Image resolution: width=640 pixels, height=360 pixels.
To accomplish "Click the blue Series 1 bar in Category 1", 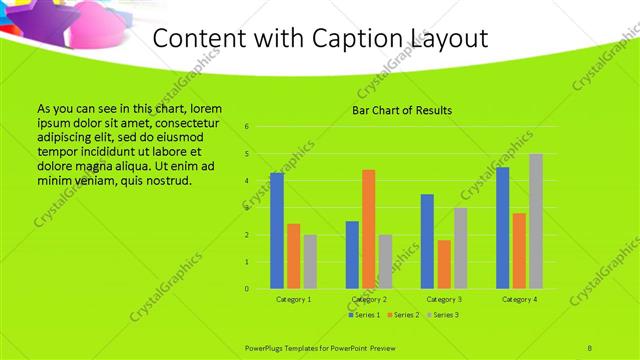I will pyautogui.click(x=277, y=231).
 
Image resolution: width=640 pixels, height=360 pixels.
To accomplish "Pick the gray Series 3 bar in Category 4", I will pyautogui.click(x=536, y=221).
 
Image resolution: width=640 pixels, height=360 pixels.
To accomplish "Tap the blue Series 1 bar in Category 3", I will pyautogui.click(x=427, y=241).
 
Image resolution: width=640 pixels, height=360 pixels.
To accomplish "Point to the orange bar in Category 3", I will pyautogui.click(x=444, y=264).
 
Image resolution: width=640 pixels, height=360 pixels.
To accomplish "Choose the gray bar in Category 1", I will pyautogui.click(x=310, y=262).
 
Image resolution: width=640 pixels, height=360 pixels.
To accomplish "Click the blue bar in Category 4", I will pyautogui.click(x=503, y=228).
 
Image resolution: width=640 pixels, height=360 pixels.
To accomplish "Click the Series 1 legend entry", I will pyautogui.click(x=363, y=315).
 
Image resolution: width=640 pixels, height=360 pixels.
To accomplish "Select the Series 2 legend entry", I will pyautogui.click(x=404, y=315).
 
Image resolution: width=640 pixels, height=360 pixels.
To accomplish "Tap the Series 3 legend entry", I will pyautogui.click(x=444, y=315).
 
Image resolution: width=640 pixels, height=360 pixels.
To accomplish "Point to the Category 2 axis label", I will pyautogui.click(x=369, y=299).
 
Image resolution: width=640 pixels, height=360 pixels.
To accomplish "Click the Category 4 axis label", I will pyautogui.click(x=519, y=299).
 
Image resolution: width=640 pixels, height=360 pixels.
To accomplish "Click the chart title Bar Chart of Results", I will pyautogui.click(x=402, y=110).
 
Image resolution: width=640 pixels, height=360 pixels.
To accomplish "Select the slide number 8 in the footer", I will pyautogui.click(x=590, y=346).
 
